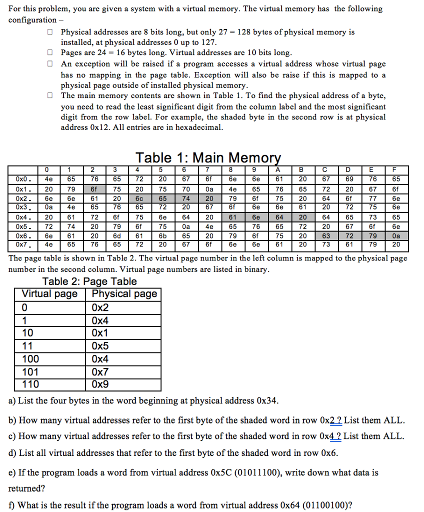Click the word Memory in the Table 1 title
255,158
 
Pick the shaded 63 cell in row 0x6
325,235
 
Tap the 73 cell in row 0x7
325,244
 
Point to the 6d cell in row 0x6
116,235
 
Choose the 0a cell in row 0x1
209,189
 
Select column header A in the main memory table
279,170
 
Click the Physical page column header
124,294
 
